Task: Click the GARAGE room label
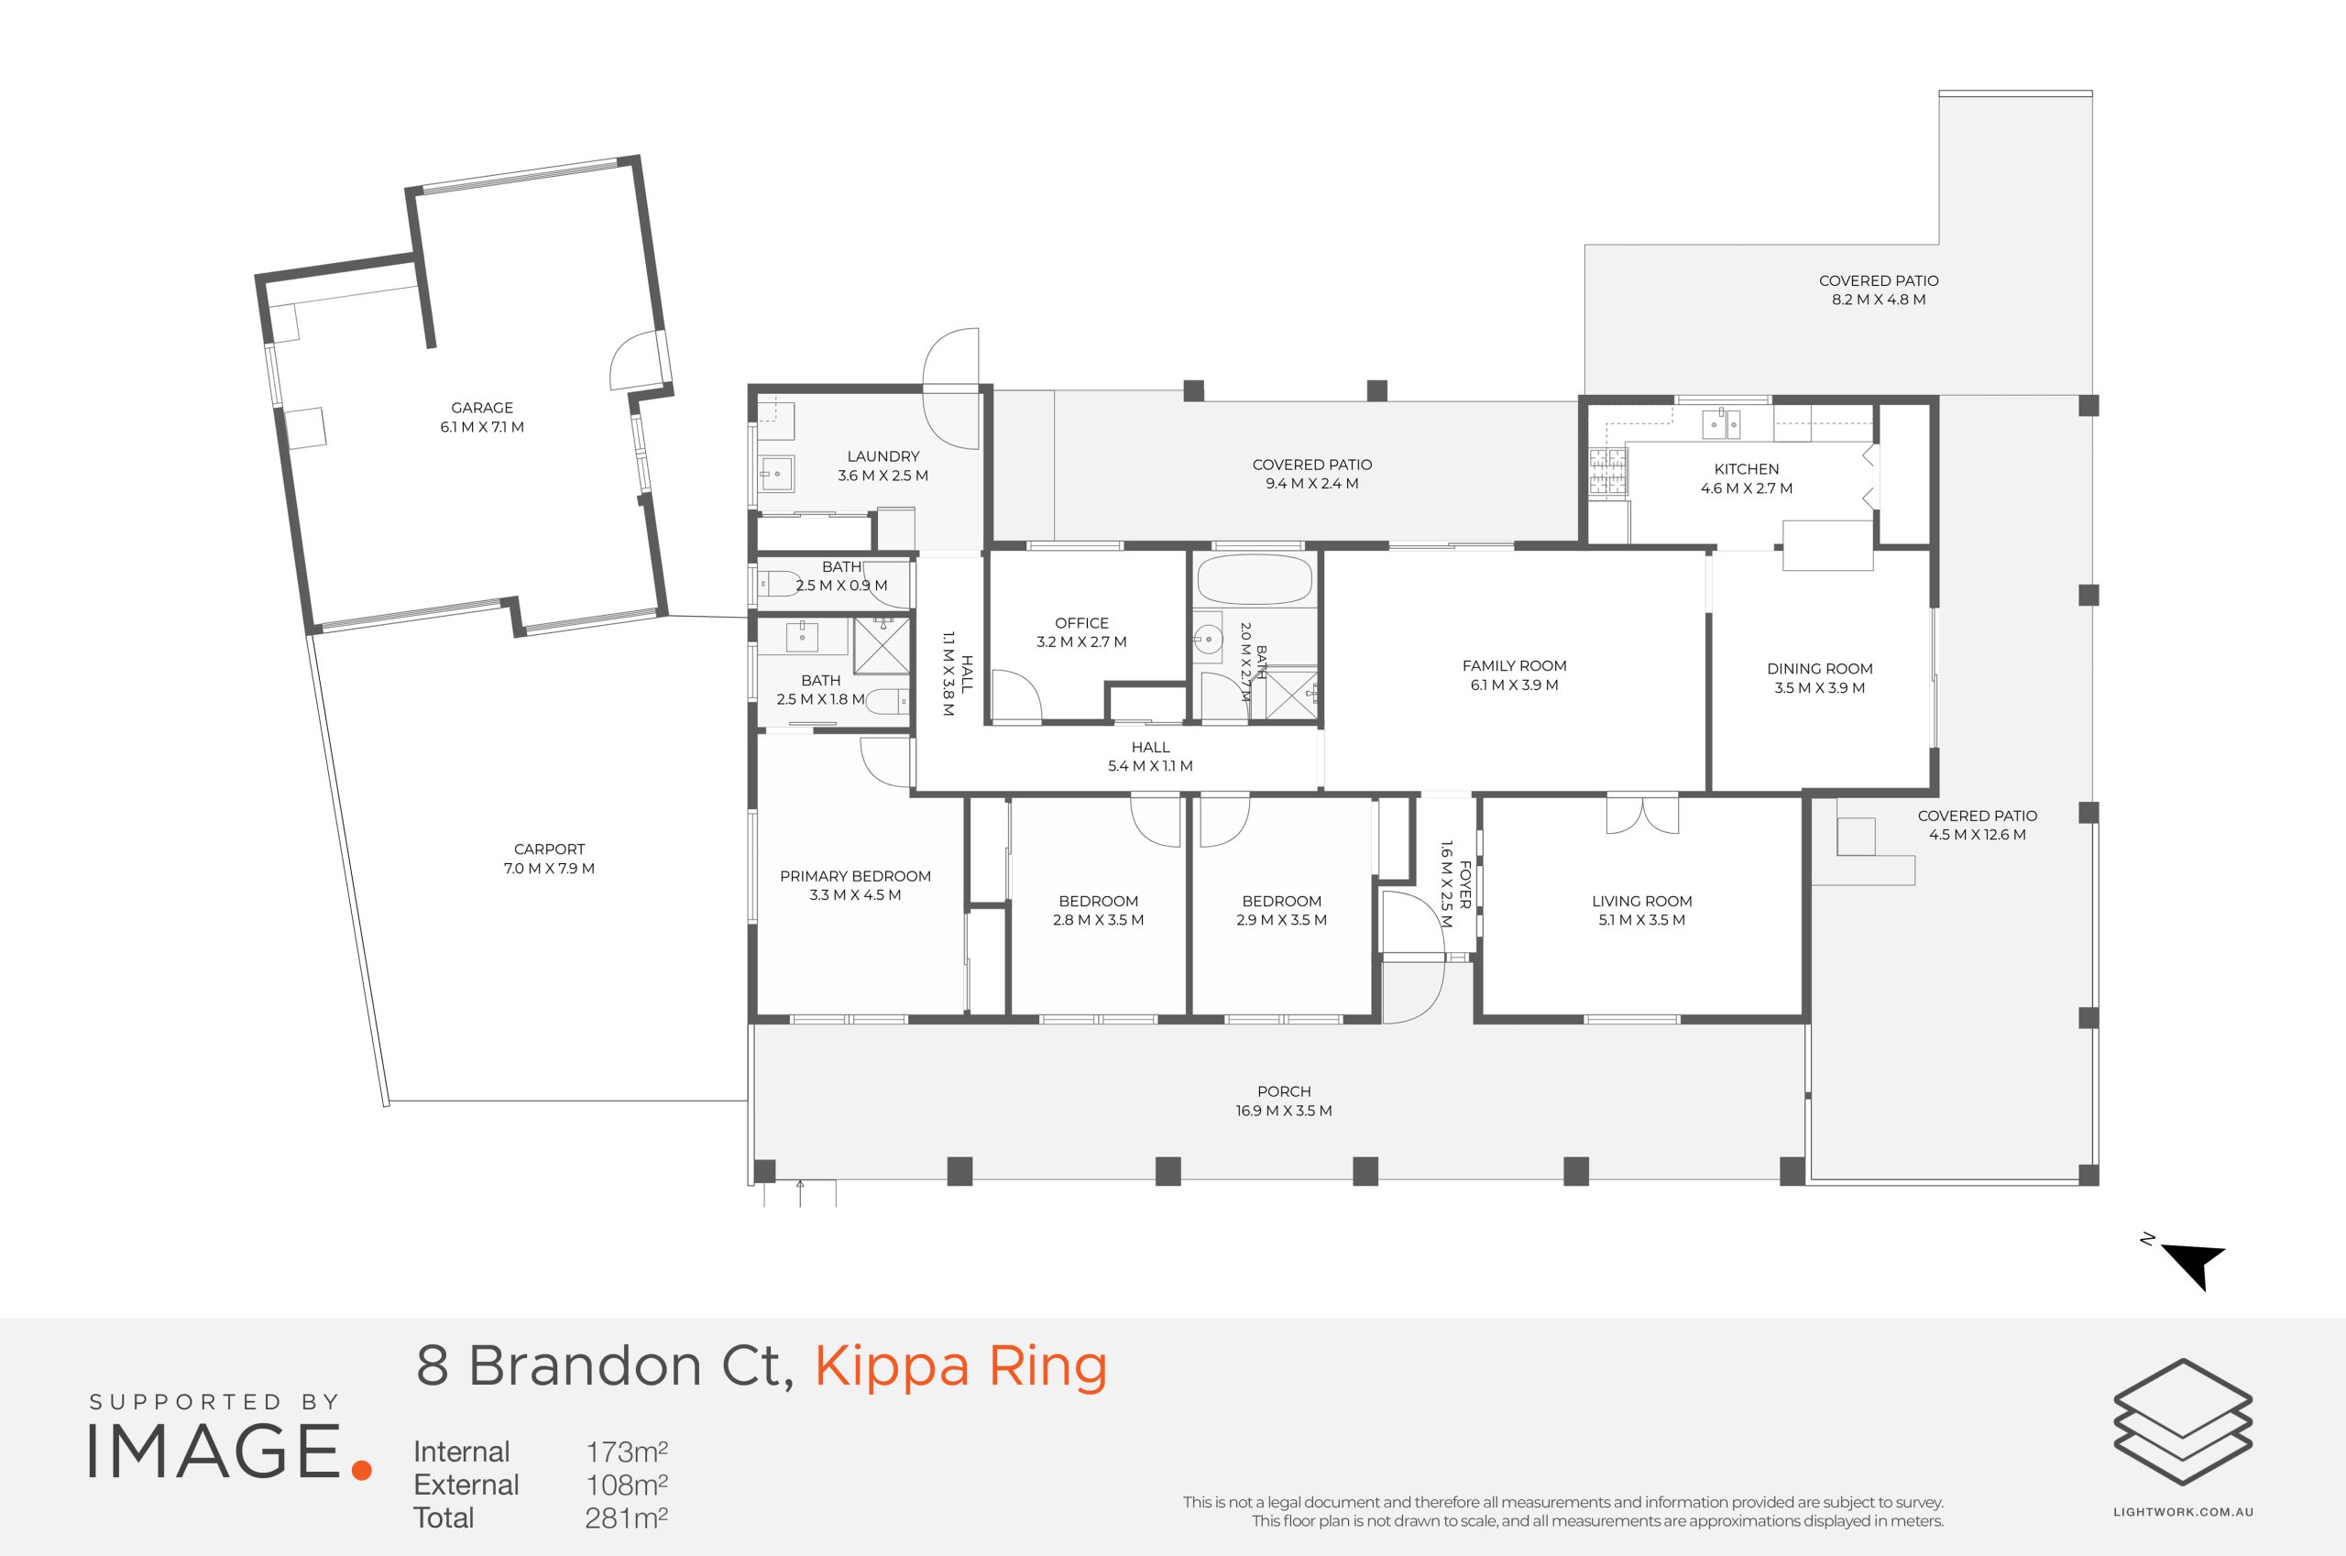click(482, 408)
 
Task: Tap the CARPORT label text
click(549, 849)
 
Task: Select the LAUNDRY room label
click(883, 456)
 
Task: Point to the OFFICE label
click(1081, 623)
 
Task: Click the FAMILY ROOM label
click(1515, 666)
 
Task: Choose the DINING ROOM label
click(1820, 669)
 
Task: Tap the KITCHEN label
click(1747, 469)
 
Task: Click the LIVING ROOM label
click(1642, 901)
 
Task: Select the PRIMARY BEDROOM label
click(855, 876)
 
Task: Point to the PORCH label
click(1284, 1091)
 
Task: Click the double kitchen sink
click(1721, 423)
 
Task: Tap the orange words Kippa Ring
click(960, 1366)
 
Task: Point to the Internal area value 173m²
click(626, 1452)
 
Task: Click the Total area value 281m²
click(626, 1518)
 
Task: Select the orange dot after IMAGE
click(361, 1470)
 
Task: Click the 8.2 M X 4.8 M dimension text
click(1879, 300)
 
